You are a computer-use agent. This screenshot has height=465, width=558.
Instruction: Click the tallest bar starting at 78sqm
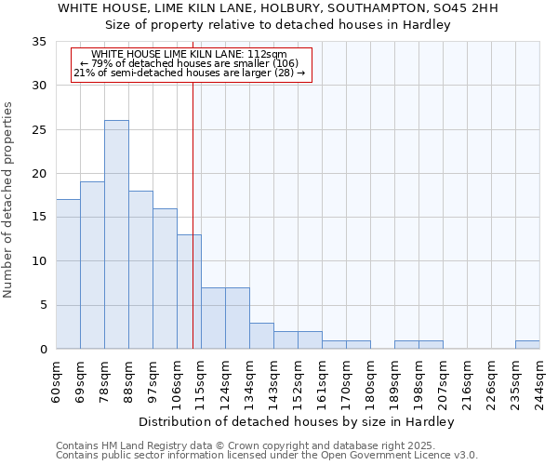(x=116, y=234)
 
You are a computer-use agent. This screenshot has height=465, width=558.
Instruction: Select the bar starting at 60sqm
(x=68, y=274)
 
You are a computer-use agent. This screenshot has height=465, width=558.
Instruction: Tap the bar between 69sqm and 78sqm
(x=92, y=265)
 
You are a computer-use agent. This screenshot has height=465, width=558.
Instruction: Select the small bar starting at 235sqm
(x=527, y=345)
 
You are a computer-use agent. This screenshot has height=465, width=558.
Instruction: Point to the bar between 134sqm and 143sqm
(x=261, y=336)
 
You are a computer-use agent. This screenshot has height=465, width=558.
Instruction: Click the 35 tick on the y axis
(x=39, y=42)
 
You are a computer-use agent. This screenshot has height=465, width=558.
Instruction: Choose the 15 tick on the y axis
(x=39, y=218)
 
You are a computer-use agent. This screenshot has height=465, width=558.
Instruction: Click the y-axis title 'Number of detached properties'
(x=9, y=200)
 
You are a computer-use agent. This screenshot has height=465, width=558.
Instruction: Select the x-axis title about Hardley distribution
(x=298, y=421)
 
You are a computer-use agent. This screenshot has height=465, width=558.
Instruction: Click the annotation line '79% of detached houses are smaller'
(x=190, y=63)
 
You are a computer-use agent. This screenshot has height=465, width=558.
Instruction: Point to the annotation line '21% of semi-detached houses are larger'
(x=190, y=73)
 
